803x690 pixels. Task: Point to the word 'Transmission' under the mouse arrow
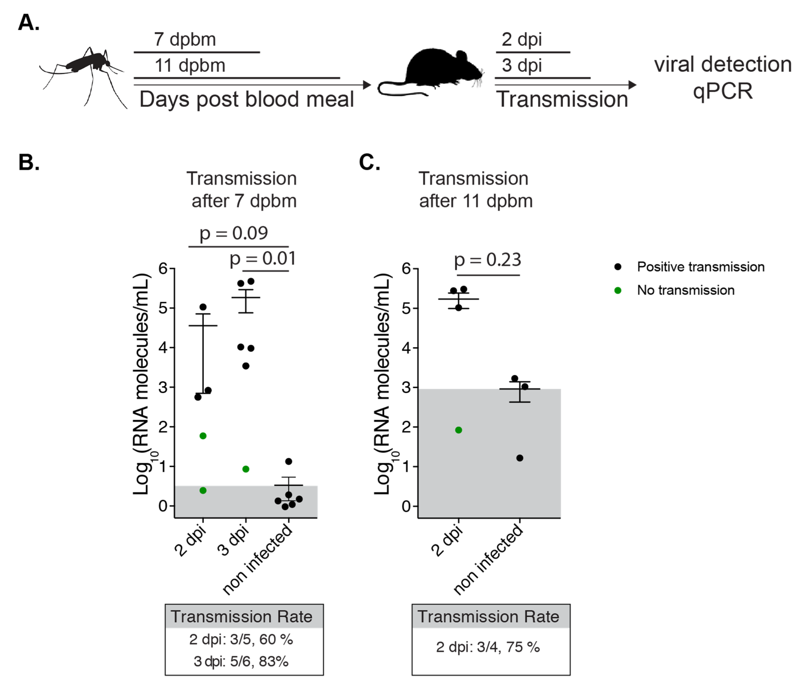click(x=562, y=99)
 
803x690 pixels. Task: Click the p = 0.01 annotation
click(x=263, y=259)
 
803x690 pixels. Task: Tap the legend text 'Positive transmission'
click(x=701, y=267)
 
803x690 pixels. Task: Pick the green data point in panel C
click(x=459, y=430)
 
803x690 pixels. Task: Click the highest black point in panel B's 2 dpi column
click(x=203, y=307)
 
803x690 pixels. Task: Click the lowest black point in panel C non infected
click(x=520, y=458)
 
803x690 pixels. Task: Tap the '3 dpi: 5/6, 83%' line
click(x=241, y=661)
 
